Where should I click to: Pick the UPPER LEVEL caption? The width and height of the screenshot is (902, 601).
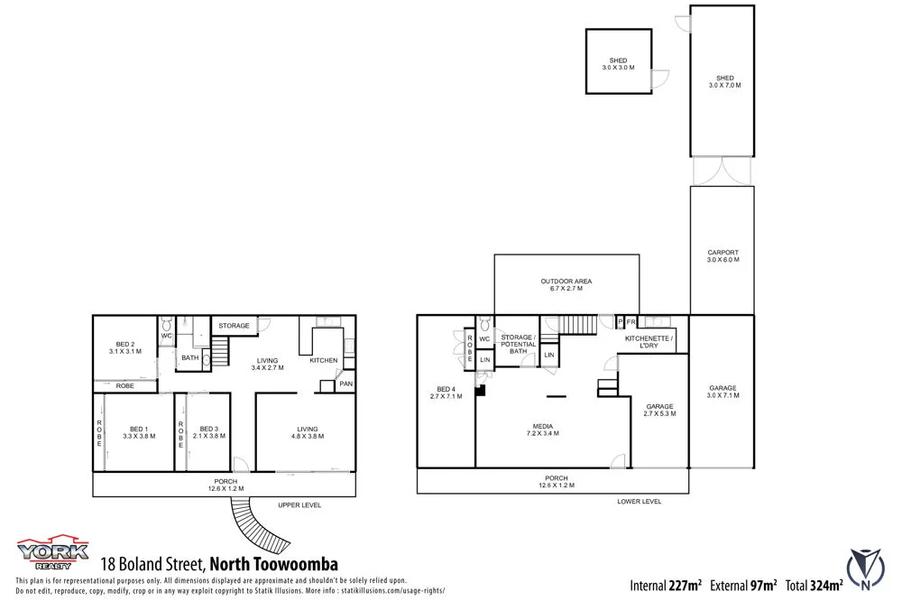(299, 505)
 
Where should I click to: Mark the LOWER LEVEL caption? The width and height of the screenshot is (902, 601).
(639, 501)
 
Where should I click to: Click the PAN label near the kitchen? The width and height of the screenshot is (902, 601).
(345, 384)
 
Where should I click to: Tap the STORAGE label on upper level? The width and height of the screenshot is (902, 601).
(234, 326)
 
